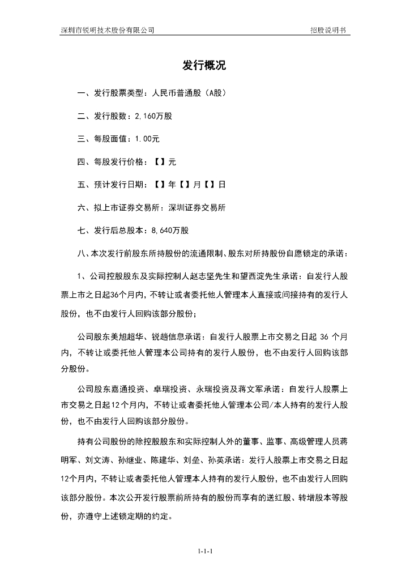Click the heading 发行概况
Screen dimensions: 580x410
coord(204,66)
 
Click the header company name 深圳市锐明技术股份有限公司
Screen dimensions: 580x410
coord(108,29)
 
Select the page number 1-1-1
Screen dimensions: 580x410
coord(204,551)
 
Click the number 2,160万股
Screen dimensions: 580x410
coord(153,116)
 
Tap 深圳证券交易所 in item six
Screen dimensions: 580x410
coord(197,207)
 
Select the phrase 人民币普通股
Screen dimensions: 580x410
coord(171,92)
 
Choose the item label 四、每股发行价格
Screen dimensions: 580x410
coord(112,161)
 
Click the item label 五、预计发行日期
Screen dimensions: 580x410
coord(112,185)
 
